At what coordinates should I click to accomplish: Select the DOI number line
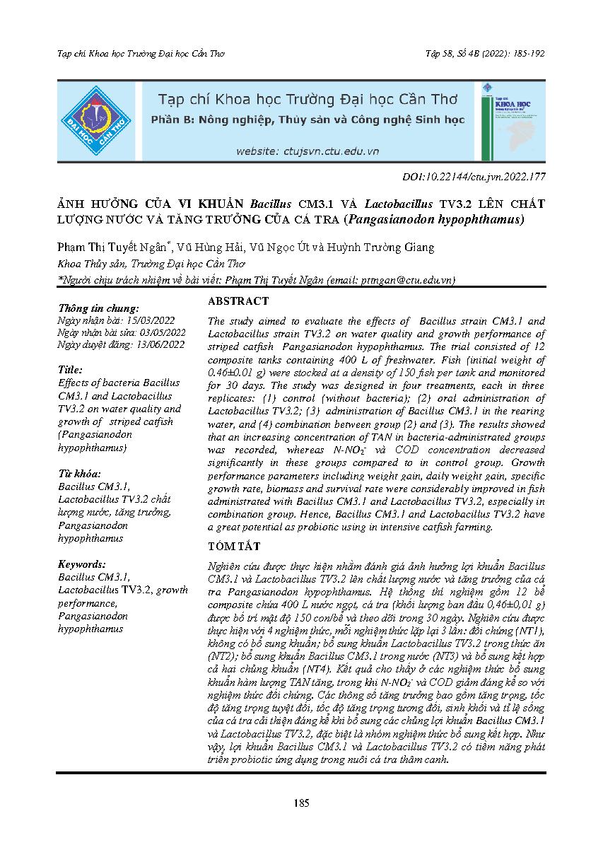(473, 177)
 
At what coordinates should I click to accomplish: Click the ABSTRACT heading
(238, 301)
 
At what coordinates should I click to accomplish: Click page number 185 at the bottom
(301, 803)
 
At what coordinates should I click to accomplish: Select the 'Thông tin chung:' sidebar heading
(99, 308)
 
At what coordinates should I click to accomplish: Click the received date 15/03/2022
(152, 320)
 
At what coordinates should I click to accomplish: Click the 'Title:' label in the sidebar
(71, 370)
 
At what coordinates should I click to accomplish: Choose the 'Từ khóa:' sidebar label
(80, 473)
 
